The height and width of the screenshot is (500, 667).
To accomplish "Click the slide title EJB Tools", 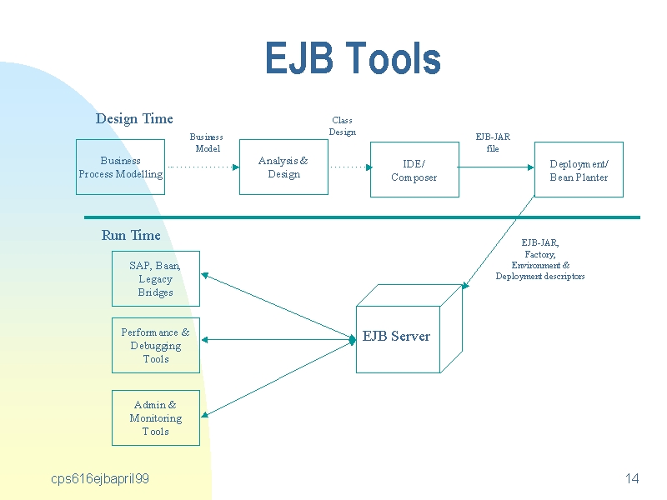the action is [x=353, y=57].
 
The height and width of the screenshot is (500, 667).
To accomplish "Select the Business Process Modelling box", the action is [x=120, y=167].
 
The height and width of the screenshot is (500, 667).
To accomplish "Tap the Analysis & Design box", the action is [x=283, y=167].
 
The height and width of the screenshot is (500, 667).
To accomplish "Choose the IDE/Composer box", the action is [x=414, y=170].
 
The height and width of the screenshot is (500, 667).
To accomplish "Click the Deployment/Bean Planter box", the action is [x=579, y=170].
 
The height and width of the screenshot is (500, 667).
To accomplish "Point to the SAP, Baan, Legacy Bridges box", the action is [x=156, y=278].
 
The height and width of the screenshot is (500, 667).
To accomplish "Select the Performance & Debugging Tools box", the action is [x=156, y=345].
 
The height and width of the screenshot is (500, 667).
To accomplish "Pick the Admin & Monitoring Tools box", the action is [x=156, y=418].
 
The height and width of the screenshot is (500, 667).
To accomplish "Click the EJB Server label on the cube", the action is [x=396, y=337].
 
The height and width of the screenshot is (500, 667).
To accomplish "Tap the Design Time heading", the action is [x=134, y=118].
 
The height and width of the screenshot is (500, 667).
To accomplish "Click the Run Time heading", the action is [x=131, y=235].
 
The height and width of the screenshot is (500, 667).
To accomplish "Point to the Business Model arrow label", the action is [x=207, y=142].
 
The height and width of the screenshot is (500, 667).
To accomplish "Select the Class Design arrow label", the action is [x=343, y=126].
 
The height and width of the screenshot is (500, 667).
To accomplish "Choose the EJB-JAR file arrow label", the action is [x=493, y=142].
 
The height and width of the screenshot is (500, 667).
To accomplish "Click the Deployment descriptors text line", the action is [x=539, y=277].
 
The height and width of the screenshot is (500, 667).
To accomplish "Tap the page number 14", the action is [x=632, y=478].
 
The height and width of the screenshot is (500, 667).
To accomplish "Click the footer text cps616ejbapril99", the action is [x=100, y=478].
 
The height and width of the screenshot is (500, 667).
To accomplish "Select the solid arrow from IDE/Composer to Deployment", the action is [x=495, y=167].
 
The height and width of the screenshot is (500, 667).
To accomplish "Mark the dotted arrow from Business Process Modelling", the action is [x=203, y=167].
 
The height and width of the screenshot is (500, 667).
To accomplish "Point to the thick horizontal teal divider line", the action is [x=362, y=217].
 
